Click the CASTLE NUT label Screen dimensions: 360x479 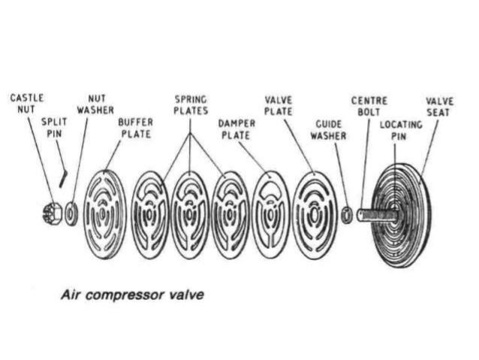coord(27,104)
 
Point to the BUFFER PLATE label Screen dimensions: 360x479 coord(136,128)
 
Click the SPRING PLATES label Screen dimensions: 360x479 coord(191,105)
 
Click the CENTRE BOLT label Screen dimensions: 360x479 coord(368,105)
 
